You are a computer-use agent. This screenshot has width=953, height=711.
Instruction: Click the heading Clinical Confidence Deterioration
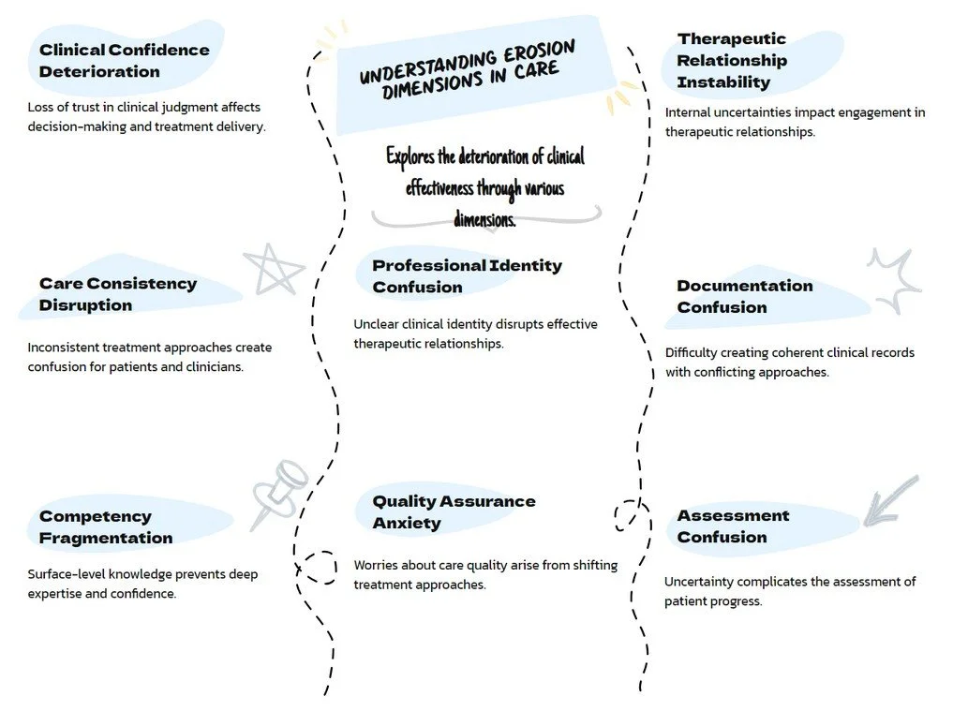click(124, 60)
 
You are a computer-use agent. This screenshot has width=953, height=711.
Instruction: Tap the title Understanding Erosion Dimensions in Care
click(468, 67)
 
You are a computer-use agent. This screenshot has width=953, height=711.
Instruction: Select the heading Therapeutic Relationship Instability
click(732, 60)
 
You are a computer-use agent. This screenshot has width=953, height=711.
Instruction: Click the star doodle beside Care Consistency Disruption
click(274, 270)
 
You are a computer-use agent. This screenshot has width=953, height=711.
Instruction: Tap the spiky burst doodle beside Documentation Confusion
click(894, 279)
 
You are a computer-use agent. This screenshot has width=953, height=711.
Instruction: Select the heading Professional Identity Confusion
click(467, 276)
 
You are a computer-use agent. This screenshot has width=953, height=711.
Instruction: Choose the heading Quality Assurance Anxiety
click(454, 511)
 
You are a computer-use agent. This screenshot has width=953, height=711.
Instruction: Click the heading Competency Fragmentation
click(106, 526)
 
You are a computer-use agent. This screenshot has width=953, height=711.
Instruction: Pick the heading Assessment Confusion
click(733, 526)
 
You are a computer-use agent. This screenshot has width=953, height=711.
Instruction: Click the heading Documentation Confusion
click(744, 296)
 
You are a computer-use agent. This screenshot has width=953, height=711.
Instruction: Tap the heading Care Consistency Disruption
click(118, 293)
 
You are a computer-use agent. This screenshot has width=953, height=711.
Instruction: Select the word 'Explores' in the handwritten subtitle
click(410, 156)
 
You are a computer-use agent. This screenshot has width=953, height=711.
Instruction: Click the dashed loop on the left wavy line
click(318, 566)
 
